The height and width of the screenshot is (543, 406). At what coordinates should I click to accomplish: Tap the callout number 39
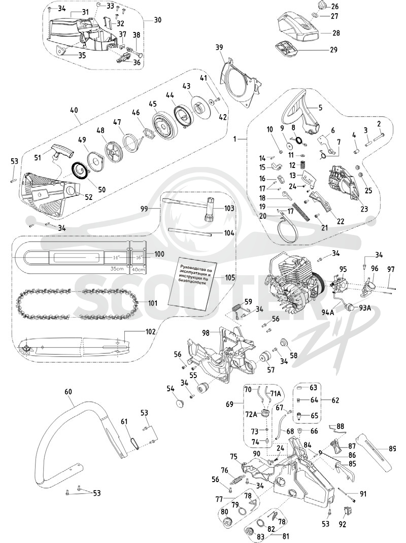click(x=219, y=47)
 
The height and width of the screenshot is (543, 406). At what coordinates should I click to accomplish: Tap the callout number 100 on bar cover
click(x=159, y=254)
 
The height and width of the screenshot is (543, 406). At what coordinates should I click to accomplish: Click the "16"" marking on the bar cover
click(x=139, y=257)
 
